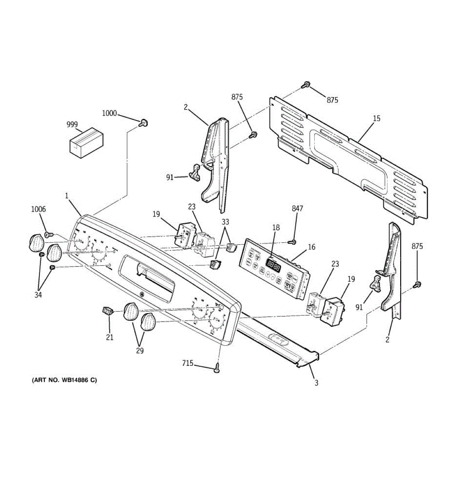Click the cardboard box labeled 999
86,141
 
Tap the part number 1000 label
109,114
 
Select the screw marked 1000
142,122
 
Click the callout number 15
376,119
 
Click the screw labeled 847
293,242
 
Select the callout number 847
297,208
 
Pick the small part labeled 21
107,311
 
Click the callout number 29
140,351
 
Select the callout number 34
38,295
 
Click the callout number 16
312,247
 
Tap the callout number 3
316,383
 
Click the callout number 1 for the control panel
67,196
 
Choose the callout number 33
225,221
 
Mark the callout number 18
276,228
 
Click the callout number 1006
39,209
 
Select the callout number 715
187,363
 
